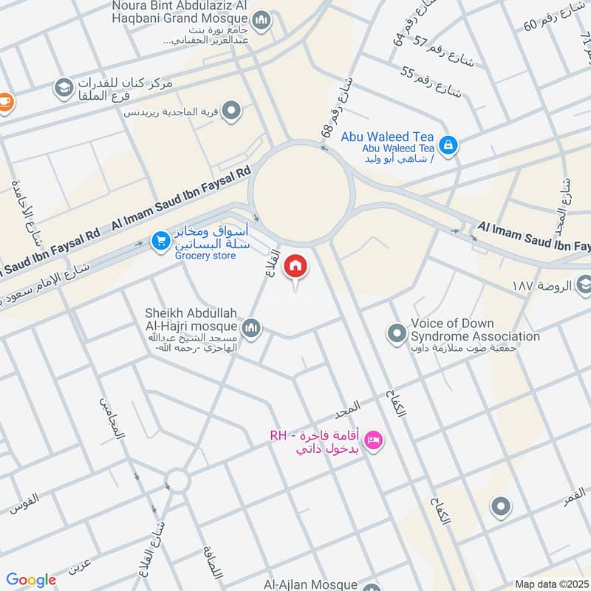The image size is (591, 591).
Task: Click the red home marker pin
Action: [295, 266]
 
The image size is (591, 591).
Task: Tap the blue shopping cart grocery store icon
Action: [160, 240]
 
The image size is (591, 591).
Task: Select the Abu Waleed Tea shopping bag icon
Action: [447, 144]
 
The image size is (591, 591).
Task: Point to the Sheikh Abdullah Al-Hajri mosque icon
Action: [251, 327]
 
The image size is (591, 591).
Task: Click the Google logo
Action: [31, 580]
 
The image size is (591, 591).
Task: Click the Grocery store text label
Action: [205, 256]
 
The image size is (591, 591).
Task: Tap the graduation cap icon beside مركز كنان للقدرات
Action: [63, 89]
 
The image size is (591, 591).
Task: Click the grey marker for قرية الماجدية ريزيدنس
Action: [232, 111]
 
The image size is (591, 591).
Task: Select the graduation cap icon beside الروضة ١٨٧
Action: [584, 284]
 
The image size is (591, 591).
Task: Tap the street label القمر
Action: [574, 496]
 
